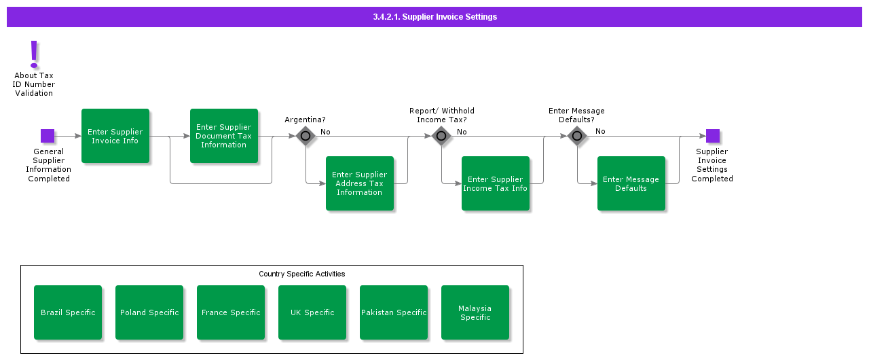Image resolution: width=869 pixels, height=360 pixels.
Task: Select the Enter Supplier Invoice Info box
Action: (115, 136)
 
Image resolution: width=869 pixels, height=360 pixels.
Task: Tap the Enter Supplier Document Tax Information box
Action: (224, 136)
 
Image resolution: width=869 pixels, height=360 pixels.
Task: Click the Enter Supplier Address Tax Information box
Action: (360, 183)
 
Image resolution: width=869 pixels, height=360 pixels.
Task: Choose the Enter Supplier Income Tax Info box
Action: (496, 183)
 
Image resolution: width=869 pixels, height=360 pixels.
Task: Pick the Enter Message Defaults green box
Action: (631, 183)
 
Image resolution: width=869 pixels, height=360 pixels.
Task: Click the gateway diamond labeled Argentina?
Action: (306, 136)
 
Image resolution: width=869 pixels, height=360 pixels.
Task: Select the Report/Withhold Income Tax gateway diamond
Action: (441, 136)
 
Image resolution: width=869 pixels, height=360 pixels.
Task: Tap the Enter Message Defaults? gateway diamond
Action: (577, 136)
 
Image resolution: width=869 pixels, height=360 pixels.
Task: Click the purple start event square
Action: (48, 136)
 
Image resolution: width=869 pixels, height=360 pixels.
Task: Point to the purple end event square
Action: (712, 136)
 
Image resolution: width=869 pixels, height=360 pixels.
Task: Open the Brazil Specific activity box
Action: (68, 312)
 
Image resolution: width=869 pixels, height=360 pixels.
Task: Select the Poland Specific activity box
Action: (149, 312)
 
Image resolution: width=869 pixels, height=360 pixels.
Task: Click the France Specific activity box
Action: (231, 312)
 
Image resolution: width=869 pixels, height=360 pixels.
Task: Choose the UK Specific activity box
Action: (312, 312)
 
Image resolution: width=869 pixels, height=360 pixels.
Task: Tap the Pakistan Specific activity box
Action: (394, 312)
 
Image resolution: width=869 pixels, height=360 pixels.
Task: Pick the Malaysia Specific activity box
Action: (475, 312)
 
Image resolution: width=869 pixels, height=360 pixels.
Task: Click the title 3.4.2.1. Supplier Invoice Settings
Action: (434, 17)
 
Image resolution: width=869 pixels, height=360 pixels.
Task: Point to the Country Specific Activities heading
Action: (301, 274)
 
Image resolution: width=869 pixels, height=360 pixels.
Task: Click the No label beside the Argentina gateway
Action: (325, 132)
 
